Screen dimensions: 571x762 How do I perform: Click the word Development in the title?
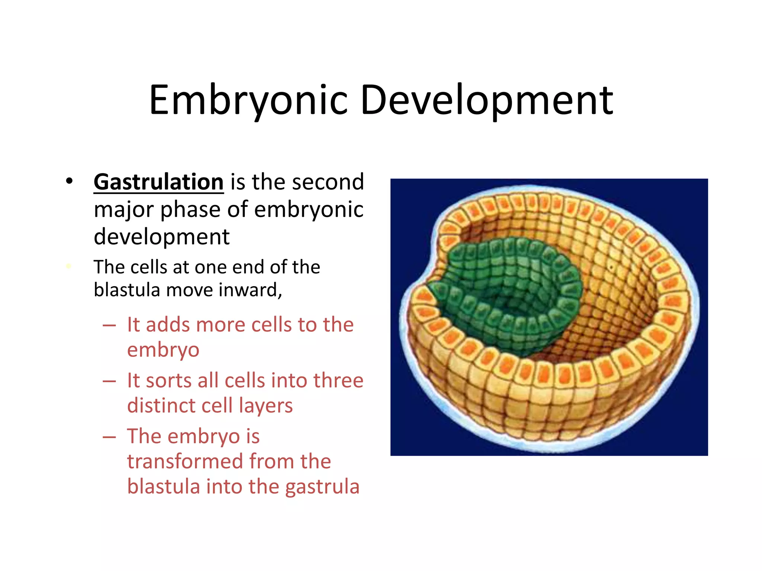pyautogui.click(x=487, y=100)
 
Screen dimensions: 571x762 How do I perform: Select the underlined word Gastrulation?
pyautogui.click(x=159, y=182)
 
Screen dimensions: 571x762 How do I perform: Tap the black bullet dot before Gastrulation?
pyautogui.click(x=69, y=181)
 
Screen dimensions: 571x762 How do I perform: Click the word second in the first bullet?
pyautogui.click(x=328, y=182)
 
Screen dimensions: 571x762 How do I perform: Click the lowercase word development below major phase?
pyautogui.click(x=161, y=237)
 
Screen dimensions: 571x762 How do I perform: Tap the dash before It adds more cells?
pyautogui.click(x=109, y=326)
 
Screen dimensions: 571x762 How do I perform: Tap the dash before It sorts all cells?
pyautogui.click(x=109, y=381)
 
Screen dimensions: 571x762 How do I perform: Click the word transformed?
pyautogui.click(x=185, y=462)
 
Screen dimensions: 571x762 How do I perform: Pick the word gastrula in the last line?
pyautogui.click(x=322, y=487)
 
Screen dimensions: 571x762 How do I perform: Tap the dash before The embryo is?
pyautogui.click(x=109, y=437)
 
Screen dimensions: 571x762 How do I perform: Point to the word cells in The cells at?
pyautogui.click(x=149, y=267)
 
